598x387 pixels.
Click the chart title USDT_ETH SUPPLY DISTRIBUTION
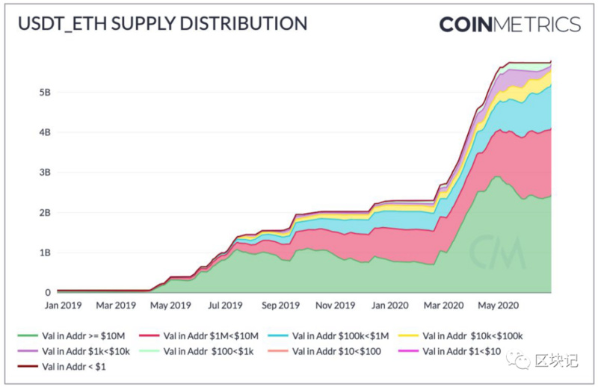(162, 24)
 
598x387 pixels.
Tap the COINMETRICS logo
(510, 25)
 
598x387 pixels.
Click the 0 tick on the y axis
(47, 292)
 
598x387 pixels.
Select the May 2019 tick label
(170, 306)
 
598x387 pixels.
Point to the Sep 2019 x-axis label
(279, 306)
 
